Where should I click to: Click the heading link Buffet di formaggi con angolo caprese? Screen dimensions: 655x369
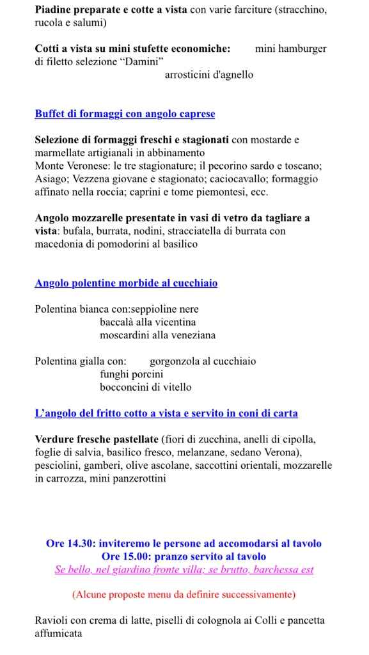[x=125, y=114]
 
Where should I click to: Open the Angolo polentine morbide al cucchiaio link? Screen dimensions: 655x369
[x=126, y=283]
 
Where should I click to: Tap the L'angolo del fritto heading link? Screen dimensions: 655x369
[x=166, y=413]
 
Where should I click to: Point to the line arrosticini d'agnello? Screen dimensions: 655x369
[x=209, y=75]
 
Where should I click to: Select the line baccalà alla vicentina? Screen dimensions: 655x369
[x=148, y=322]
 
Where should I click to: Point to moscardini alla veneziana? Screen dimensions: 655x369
[x=157, y=335]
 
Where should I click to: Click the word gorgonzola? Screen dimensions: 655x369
[x=175, y=361]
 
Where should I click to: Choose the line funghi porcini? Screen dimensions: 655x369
[x=132, y=374]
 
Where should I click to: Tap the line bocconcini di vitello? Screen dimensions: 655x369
[x=145, y=387]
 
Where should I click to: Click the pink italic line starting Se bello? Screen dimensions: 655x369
[x=184, y=569]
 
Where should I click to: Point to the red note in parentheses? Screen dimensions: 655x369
[x=184, y=595]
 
